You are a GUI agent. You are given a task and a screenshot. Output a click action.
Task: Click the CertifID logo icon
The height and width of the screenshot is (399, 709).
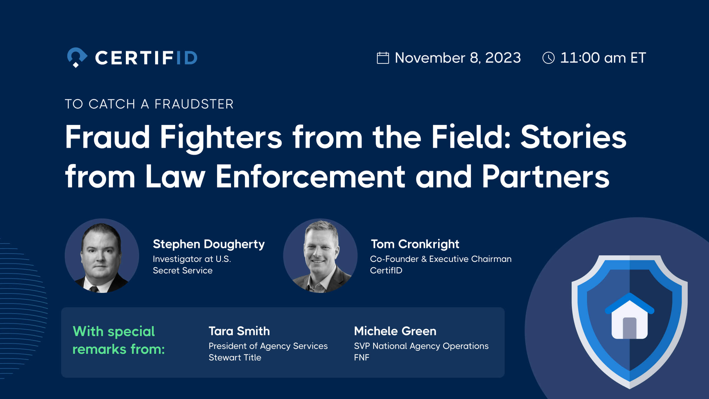[x=77, y=57]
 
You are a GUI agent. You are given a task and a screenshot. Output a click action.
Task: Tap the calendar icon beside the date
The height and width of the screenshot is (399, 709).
[x=383, y=58]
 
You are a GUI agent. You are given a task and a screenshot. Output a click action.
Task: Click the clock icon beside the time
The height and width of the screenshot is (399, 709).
[x=549, y=58]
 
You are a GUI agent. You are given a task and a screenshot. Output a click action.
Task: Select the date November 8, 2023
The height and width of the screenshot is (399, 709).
[x=458, y=58]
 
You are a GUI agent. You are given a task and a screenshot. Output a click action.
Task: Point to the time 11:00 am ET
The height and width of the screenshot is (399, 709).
[x=603, y=58]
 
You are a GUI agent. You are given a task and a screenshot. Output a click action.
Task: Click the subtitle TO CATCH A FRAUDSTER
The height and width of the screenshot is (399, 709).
[x=149, y=104]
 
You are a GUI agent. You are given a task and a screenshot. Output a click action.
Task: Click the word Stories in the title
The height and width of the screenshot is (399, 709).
[x=573, y=137]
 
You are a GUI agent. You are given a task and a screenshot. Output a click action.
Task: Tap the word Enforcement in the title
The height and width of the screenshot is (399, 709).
[x=310, y=176]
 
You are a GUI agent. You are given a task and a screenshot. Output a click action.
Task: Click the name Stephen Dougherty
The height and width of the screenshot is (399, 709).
[x=209, y=244]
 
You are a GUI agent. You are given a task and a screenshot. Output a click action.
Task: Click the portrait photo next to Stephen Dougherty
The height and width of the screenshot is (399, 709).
[x=102, y=256]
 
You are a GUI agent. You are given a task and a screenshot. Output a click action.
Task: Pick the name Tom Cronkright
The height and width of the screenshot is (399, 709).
[x=415, y=244]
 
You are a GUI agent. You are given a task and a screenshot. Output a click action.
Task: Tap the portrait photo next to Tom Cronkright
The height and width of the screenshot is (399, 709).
[x=320, y=256]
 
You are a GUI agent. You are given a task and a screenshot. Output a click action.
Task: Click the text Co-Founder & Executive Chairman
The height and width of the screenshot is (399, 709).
[x=440, y=259]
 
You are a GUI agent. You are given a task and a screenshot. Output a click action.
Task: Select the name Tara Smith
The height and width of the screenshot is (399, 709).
[x=239, y=331]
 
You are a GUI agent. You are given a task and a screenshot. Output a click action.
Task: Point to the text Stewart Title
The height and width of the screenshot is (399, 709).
[x=235, y=357]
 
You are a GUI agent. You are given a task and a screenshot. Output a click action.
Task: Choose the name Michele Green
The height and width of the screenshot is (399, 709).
[x=395, y=331]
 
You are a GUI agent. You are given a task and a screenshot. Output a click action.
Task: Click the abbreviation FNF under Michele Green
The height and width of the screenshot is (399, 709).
[x=362, y=357]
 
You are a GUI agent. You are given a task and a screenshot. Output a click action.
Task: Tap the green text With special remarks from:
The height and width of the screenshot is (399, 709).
[x=118, y=340]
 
